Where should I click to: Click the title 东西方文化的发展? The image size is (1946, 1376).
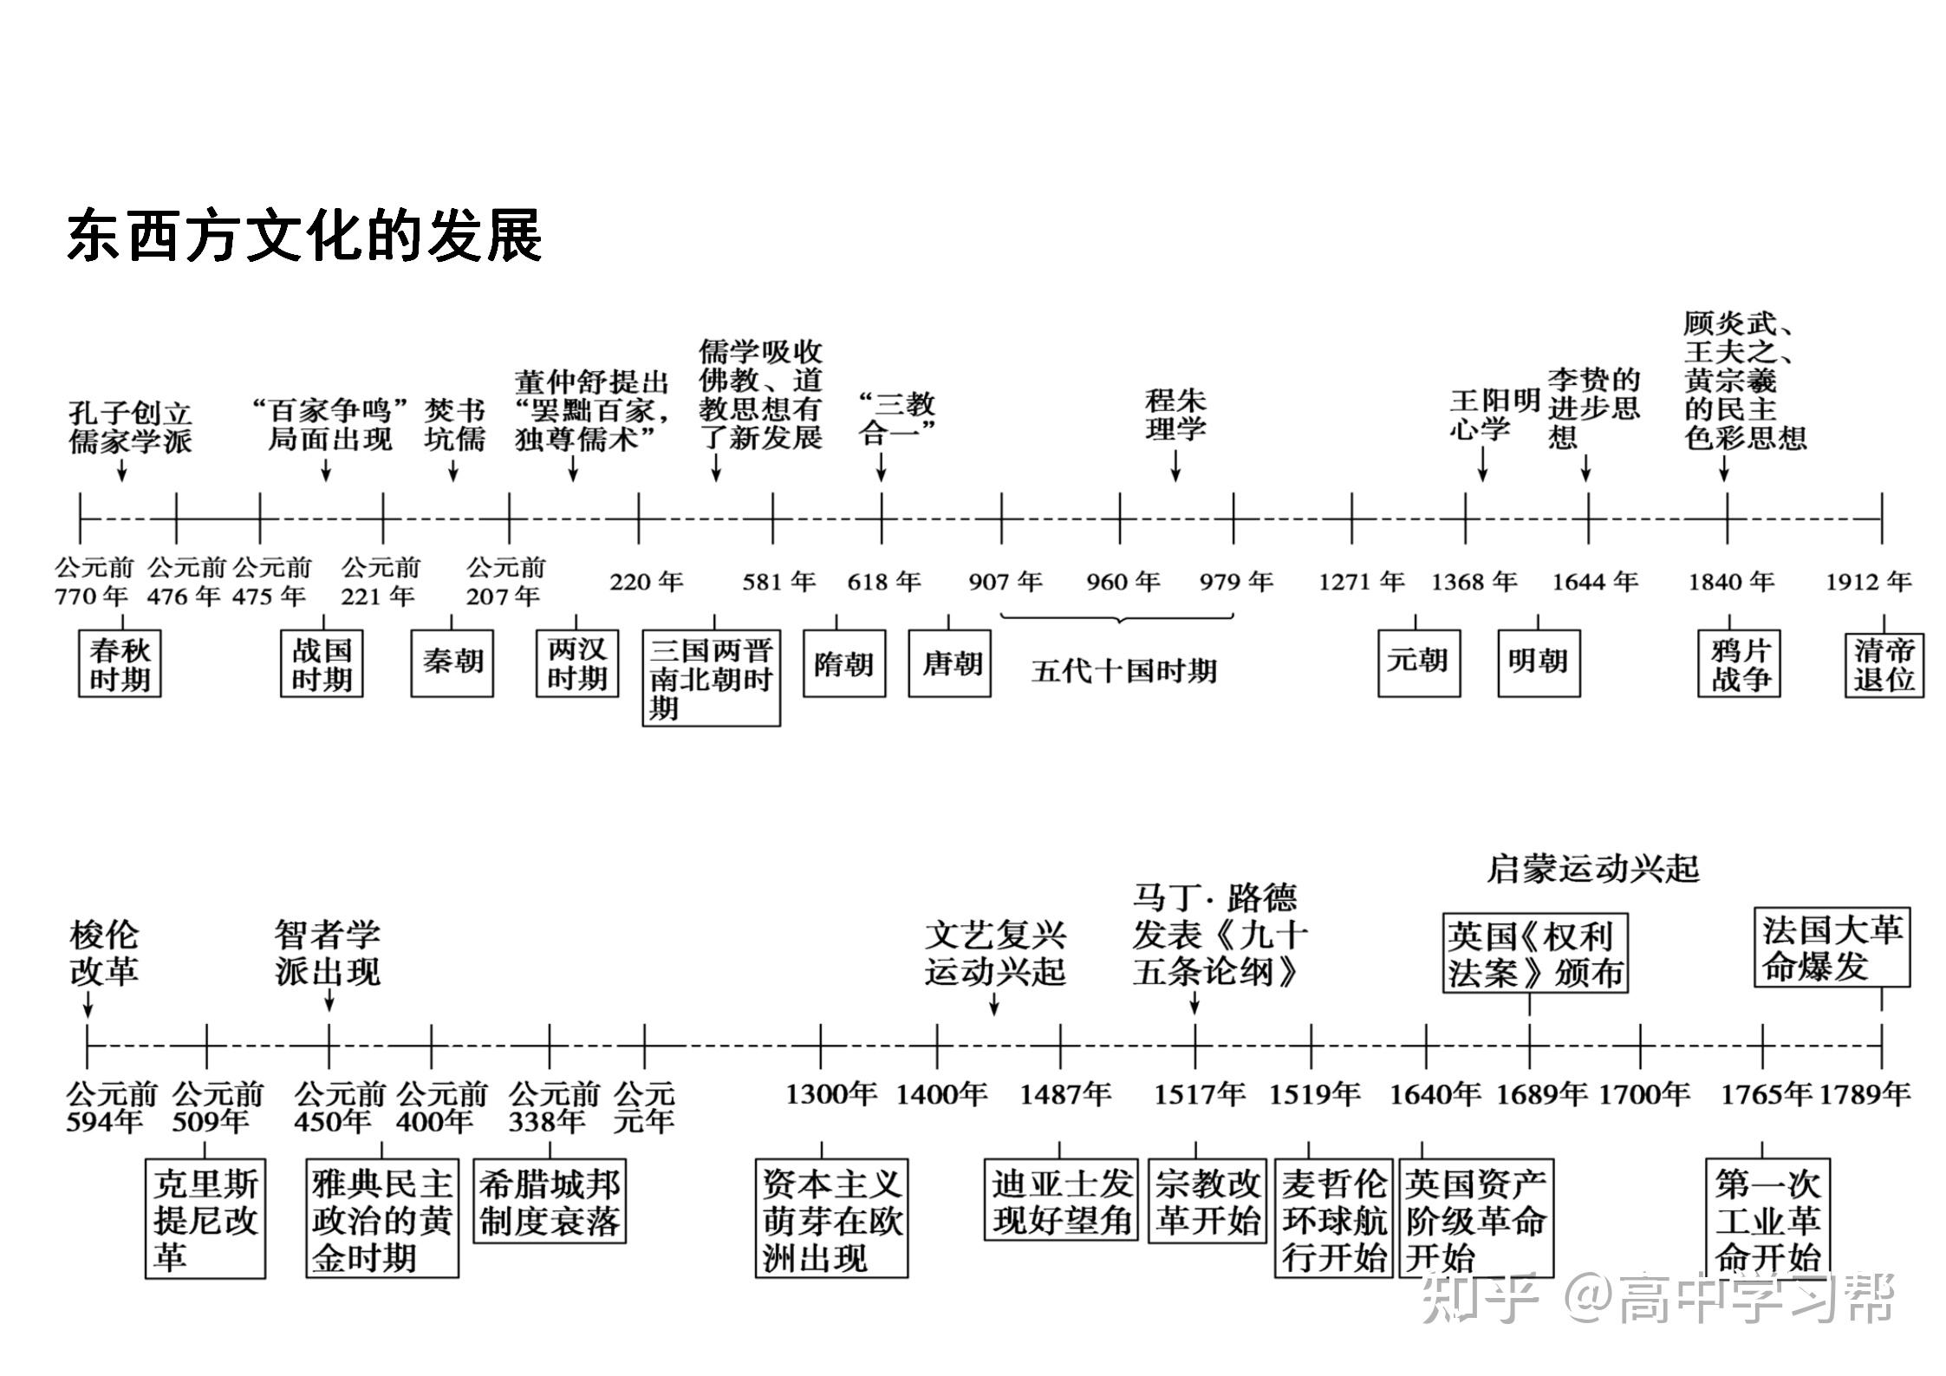coord(304,235)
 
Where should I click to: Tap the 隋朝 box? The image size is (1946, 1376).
coord(843,664)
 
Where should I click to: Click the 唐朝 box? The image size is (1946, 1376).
coord(950,664)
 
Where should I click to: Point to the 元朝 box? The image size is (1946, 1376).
coord(1418,662)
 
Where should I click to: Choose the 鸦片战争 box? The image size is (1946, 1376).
coord(1739,664)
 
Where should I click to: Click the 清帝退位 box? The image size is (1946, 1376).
coord(1884,664)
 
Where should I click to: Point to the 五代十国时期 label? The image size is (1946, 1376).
coord(1124,671)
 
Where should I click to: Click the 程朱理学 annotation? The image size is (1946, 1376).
coord(1175,415)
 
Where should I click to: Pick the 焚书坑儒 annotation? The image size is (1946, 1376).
coord(454,425)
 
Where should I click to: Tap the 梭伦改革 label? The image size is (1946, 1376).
coord(104,954)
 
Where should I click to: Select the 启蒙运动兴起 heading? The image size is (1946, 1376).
coord(1593,868)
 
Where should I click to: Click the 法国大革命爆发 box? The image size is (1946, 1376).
coord(1832,948)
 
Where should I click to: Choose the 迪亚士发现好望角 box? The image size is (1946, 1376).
coord(1061,1201)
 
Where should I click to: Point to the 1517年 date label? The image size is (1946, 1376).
coord(1199,1095)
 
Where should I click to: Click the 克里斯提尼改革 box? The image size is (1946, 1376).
coord(205,1218)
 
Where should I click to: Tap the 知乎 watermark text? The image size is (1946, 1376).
coord(1481,1298)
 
